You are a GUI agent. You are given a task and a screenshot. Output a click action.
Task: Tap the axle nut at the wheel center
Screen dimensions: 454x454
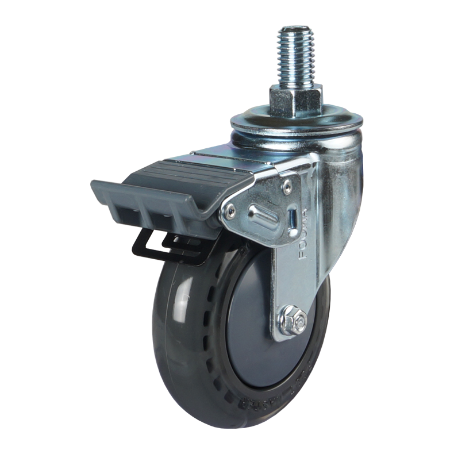(x=294, y=321)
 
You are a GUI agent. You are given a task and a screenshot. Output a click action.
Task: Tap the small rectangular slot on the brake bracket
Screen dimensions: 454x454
(x=293, y=218)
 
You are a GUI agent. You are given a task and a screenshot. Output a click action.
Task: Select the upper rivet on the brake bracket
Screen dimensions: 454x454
(x=286, y=186)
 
